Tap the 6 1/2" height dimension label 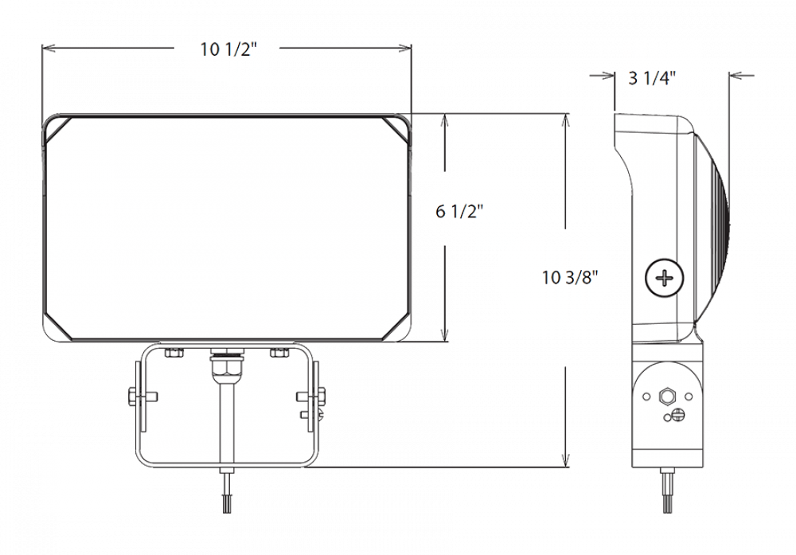pyautogui.click(x=459, y=212)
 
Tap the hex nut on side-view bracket pyautogui.click(x=665, y=395)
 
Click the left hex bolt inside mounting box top pyautogui.click(x=173, y=352)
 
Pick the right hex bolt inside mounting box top pyautogui.click(x=279, y=352)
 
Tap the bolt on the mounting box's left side pyautogui.click(x=134, y=396)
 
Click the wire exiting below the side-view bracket pyautogui.click(x=666, y=486)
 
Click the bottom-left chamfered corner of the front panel pyautogui.click(x=57, y=328)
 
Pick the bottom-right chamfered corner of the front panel pyautogui.click(x=397, y=329)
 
